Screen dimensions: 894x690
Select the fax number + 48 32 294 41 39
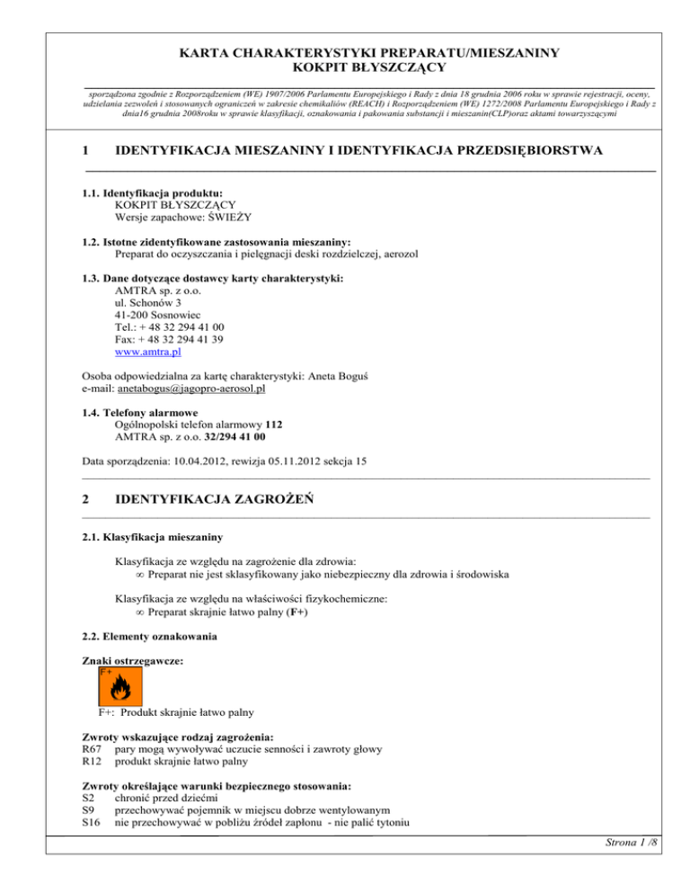170,341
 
